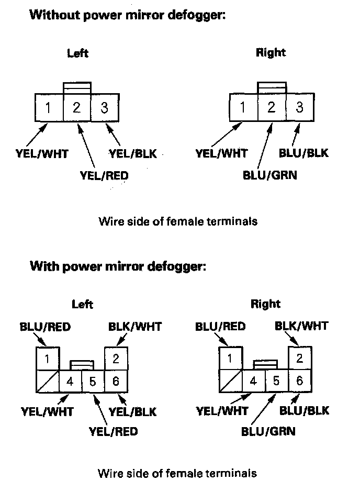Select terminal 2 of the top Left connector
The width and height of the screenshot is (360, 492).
77,108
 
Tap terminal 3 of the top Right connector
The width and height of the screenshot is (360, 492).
300,108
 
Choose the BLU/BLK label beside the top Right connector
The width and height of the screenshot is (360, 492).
304,153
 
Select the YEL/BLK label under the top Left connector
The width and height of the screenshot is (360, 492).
132,153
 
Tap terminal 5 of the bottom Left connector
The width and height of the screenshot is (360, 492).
93,381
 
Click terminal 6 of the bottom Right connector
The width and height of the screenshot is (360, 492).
300,381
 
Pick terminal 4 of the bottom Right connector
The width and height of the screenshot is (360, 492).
254,381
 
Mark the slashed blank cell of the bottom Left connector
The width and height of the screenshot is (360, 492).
47,381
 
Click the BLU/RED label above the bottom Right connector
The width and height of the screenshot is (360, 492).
220,327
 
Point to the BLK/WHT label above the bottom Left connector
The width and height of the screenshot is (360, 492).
134,327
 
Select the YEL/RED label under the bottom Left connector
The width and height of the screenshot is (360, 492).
114,431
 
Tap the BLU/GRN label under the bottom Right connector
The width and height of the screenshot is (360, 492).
268,431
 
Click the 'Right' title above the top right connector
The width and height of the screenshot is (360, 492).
271,52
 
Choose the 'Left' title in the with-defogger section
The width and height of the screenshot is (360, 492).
82,304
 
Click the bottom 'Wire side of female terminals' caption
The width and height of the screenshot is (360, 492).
177,474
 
